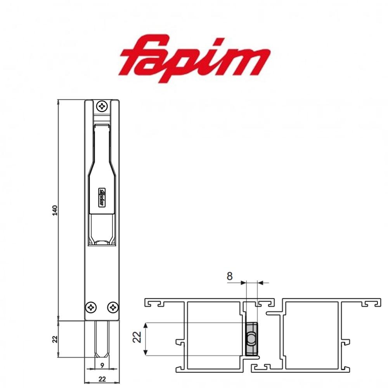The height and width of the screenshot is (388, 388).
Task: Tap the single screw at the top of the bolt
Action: click(x=102, y=105)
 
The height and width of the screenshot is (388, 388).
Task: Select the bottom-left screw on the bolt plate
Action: click(x=92, y=307)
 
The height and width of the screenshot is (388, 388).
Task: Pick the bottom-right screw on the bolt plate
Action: click(x=113, y=307)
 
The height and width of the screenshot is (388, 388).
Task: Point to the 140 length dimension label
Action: click(x=55, y=210)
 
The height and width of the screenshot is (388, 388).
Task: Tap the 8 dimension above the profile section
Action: click(x=230, y=276)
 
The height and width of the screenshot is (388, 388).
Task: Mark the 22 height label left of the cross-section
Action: click(x=137, y=339)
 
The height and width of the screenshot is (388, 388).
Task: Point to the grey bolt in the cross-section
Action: click(x=251, y=339)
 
